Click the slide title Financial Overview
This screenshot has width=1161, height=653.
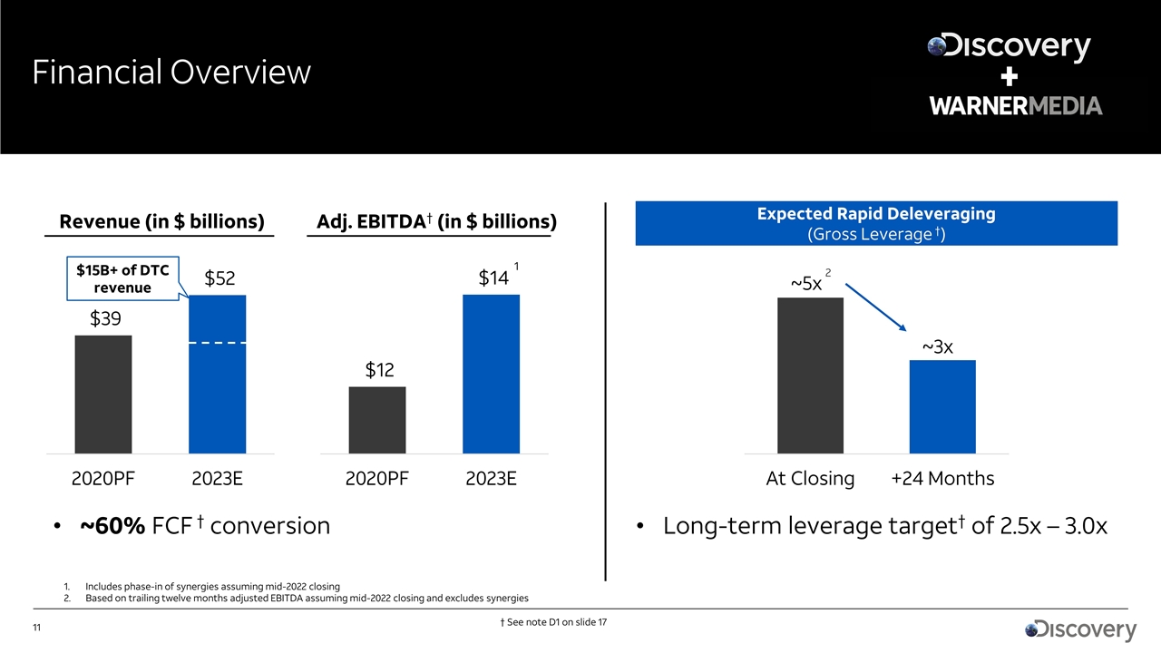click(171, 73)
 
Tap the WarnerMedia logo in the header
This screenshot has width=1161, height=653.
click(1015, 106)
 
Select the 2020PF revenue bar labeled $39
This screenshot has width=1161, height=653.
click(103, 394)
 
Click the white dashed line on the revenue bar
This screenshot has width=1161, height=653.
click(217, 344)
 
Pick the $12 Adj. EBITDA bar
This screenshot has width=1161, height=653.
click(377, 420)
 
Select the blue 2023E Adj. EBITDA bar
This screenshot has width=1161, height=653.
click(491, 374)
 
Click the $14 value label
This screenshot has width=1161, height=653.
click(493, 278)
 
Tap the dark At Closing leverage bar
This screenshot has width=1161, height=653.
click(810, 375)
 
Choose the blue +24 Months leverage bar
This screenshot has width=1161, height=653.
click(942, 406)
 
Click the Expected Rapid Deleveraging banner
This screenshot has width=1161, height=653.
click(876, 224)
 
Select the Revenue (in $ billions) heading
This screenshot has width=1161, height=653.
click(161, 222)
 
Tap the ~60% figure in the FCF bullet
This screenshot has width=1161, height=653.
click(112, 526)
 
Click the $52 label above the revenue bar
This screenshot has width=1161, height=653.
click(220, 279)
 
